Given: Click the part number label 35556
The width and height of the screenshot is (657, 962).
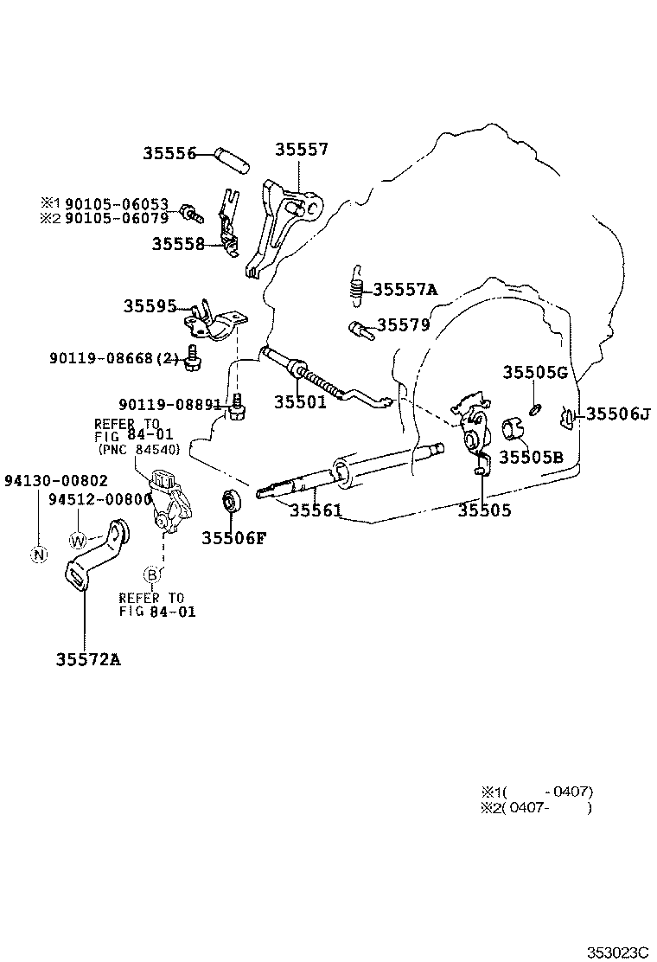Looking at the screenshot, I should pyautogui.click(x=170, y=154).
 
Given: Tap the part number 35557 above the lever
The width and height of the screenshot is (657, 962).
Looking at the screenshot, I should pyautogui.click(x=302, y=149).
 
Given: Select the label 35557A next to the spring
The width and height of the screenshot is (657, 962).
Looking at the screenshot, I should pyautogui.click(x=405, y=289).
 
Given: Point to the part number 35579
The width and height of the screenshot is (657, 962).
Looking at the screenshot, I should pyautogui.click(x=403, y=325).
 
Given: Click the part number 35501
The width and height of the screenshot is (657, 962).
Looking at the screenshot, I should pyautogui.click(x=300, y=402).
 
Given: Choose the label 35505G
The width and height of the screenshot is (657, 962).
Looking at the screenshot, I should pyautogui.click(x=535, y=373).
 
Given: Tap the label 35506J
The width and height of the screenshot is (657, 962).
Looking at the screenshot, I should pyautogui.click(x=617, y=414).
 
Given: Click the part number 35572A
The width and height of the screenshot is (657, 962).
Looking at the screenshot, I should pyautogui.click(x=88, y=659).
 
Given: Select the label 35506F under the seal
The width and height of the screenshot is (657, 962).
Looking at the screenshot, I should pyautogui.click(x=234, y=538).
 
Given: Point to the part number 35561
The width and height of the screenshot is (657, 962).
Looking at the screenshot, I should pyautogui.click(x=316, y=510).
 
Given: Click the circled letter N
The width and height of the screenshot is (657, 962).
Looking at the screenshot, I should pyautogui.click(x=38, y=555).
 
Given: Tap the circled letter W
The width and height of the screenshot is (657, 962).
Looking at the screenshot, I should pyautogui.click(x=78, y=540).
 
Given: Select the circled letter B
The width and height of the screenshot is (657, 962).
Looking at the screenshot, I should pyautogui.click(x=151, y=574).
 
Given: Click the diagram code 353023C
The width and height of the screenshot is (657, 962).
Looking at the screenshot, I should pyautogui.click(x=617, y=952).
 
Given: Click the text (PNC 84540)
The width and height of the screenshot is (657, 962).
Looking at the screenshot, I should pyautogui.click(x=138, y=451).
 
